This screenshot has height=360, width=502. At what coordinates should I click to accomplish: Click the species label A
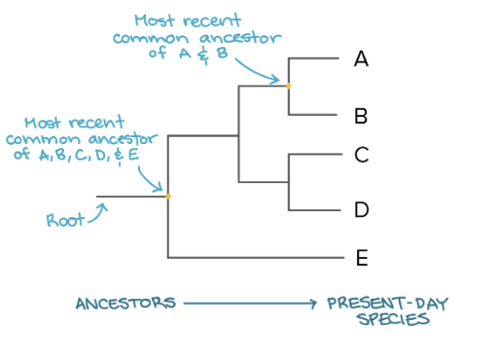(x=361, y=59)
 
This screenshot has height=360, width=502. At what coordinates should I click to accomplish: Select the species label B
(x=361, y=117)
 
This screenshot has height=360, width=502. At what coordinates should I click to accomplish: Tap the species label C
(x=361, y=154)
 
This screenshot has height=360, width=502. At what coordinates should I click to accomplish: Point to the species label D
(x=361, y=209)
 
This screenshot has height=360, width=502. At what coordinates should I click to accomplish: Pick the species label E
(x=361, y=258)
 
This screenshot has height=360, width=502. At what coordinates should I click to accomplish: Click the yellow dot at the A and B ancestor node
(x=289, y=86)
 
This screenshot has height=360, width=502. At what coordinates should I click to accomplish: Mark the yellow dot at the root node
(x=168, y=197)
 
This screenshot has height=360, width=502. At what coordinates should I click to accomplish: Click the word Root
(x=65, y=221)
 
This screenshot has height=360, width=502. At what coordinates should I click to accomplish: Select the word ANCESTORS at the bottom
(x=125, y=303)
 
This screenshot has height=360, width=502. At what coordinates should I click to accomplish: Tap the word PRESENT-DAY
(x=388, y=303)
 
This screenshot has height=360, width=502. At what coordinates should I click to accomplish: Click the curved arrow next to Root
(x=96, y=212)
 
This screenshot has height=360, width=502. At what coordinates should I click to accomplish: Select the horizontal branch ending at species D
(x=317, y=210)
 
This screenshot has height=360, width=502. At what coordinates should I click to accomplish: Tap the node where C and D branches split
(x=289, y=182)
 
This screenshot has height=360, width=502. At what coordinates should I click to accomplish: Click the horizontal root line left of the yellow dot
(x=131, y=197)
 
